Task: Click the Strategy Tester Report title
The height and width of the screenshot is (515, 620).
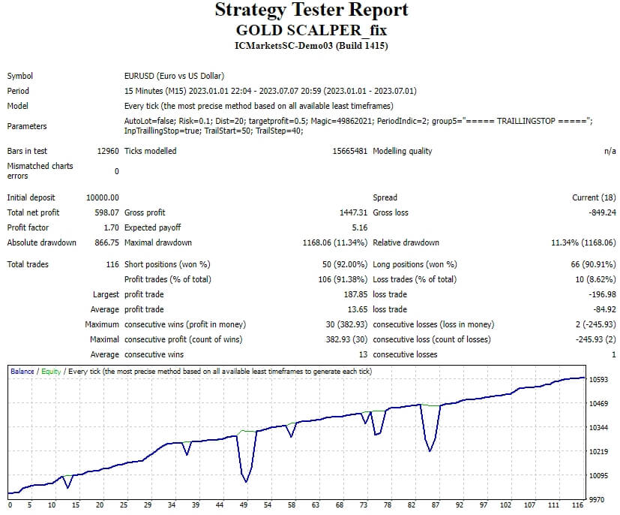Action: (x=311, y=11)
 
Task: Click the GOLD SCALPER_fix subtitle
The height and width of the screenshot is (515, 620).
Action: (x=311, y=30)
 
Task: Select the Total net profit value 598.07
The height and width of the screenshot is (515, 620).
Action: (x=106, y=212)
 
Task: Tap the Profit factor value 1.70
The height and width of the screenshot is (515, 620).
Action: (x=111, y=227)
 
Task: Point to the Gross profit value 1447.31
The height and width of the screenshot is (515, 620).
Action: (x=354, y=212)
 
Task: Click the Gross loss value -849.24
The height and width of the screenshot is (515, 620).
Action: (x=602, y=212)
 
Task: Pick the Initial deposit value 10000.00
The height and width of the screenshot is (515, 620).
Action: (x=103, y=197)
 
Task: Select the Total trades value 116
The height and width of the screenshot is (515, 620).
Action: (x=112, y=264)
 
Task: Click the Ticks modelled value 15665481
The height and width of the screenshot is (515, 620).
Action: (x=350, y=151)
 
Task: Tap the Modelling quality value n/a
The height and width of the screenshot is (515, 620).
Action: (x=610, y=151)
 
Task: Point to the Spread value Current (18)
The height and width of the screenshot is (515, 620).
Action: (x=594, y=197)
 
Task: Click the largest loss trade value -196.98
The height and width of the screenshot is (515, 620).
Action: (x=602, y=294)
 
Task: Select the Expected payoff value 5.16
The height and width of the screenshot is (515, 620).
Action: (x=360, y=227)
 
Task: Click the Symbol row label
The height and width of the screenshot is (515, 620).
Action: (x=19, y=76)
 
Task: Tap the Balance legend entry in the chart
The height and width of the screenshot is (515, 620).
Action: (x=22, y=372)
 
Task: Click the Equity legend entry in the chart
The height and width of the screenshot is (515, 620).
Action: (x=51, y=372)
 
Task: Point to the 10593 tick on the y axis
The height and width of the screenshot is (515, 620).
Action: (x=599, y=380)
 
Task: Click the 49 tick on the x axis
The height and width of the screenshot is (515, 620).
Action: (x=244, y=504)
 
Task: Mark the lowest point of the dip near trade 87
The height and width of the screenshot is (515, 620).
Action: (x=430, y=451)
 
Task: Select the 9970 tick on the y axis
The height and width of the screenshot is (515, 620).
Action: (x=597, y=499)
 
